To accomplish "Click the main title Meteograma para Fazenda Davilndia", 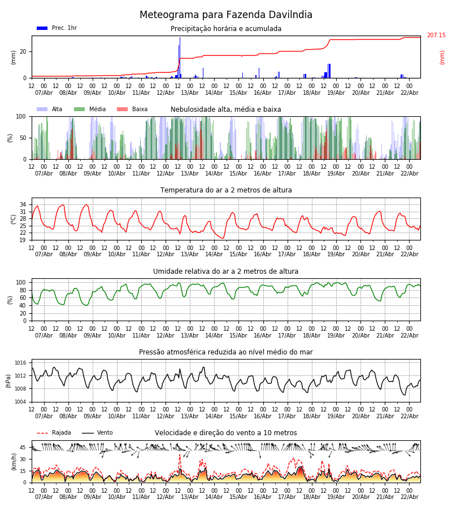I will click(226, 15).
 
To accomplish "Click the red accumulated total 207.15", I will click(436, 36).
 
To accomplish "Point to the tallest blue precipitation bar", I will click(180, 56).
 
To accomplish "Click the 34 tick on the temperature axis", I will click(23, 204).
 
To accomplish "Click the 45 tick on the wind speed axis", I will click(23, 448).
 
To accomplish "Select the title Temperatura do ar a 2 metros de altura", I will click(226, 190).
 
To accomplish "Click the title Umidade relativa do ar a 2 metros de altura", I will click(226, 271).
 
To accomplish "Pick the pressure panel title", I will click(226, 352).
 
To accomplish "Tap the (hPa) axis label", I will click(8, 380).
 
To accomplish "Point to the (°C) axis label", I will click(14, 218).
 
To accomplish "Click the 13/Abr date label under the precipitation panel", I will click(190, 93).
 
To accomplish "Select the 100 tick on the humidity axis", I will click(21, 282).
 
